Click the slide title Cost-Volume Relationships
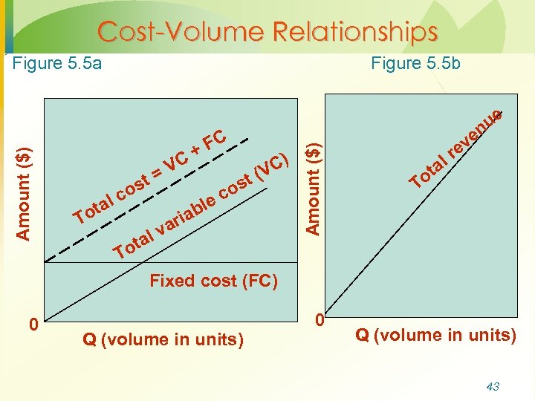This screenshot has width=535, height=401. coord(267,32)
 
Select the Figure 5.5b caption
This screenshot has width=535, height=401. coord(415,63)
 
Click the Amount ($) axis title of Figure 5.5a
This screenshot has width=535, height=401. coord(24,192)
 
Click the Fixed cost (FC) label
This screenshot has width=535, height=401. coord(213,281)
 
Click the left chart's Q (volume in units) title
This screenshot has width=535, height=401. coord(163,340)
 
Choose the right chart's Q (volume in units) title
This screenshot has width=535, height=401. coord(435,335)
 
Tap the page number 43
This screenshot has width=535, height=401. coord(492,386)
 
